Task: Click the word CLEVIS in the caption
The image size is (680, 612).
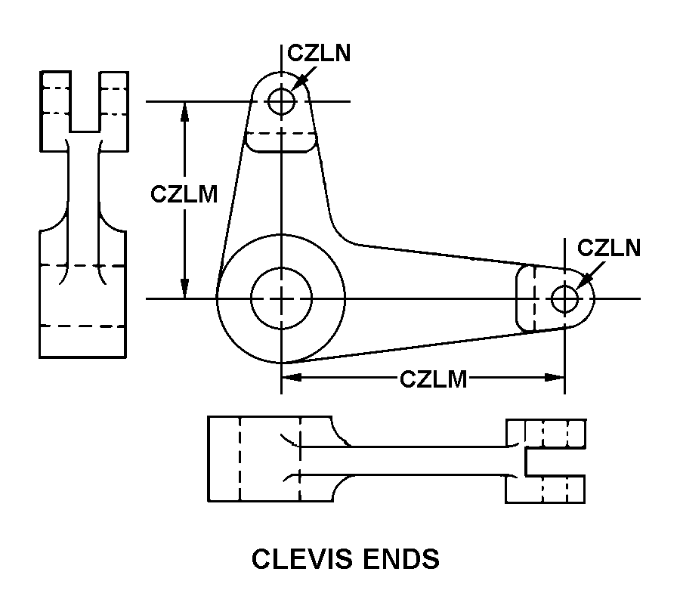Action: pyautogui.click(x=295, y=559)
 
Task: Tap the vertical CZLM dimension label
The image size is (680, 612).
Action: pyautogui.click(x=184, y=194)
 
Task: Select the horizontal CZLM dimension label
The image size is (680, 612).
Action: pyautogui.click(x=433, y=379)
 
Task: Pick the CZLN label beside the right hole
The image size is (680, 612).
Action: pyautogui.click(x=608, y=248)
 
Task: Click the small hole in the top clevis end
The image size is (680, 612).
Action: pyautogui.click(x=281, y=101)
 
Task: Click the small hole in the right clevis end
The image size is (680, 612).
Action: pyautogui.click(x=564, y=298)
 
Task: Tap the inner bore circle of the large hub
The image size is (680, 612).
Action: pyautogui.click(x=281, y=298)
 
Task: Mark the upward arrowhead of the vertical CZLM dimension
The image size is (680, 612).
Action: pyautogui.click(x=184, y=110)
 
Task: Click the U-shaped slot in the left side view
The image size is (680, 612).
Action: pyautogui.click(x=84, y=100)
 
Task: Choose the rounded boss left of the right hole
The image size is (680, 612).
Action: pyautogui.click(x=527, y=298)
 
